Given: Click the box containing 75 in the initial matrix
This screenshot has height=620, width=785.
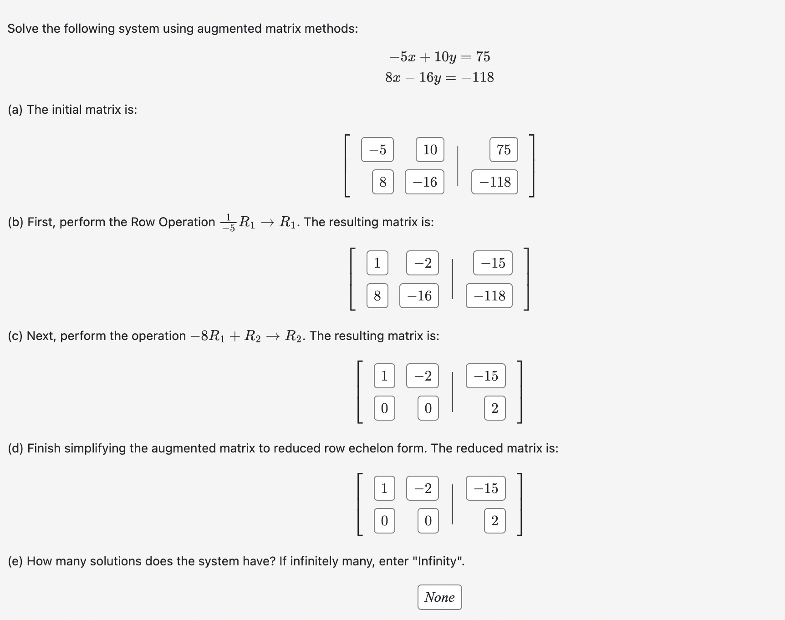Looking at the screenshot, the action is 504,149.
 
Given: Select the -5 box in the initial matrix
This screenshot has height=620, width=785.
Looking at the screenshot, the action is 377,149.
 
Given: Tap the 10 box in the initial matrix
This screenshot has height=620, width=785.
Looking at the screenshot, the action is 430,149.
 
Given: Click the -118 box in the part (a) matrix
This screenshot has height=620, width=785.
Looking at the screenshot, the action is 494,182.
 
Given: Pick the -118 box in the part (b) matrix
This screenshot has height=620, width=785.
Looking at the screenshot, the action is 489,296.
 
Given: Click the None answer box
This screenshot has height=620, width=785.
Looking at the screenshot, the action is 439,597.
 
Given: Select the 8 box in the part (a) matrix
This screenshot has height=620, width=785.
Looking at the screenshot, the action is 382,182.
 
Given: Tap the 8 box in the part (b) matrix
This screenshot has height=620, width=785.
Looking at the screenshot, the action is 377,296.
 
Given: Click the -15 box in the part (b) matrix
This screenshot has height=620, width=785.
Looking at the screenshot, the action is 493,263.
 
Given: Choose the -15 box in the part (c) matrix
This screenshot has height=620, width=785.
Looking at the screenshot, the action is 486,376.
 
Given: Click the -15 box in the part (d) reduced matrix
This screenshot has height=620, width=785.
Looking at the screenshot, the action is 486,488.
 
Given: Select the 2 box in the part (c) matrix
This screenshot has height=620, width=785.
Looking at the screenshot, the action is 495,408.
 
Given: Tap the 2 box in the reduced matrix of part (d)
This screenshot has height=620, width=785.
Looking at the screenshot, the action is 495,521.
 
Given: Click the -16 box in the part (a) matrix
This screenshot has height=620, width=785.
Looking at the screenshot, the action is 424,182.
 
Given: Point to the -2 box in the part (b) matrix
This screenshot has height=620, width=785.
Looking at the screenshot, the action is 423,263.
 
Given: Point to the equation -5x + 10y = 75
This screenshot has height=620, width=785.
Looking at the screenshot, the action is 440,57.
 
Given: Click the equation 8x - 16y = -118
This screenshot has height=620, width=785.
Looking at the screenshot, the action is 439,77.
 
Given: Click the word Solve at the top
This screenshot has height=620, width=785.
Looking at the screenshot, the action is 23,29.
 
